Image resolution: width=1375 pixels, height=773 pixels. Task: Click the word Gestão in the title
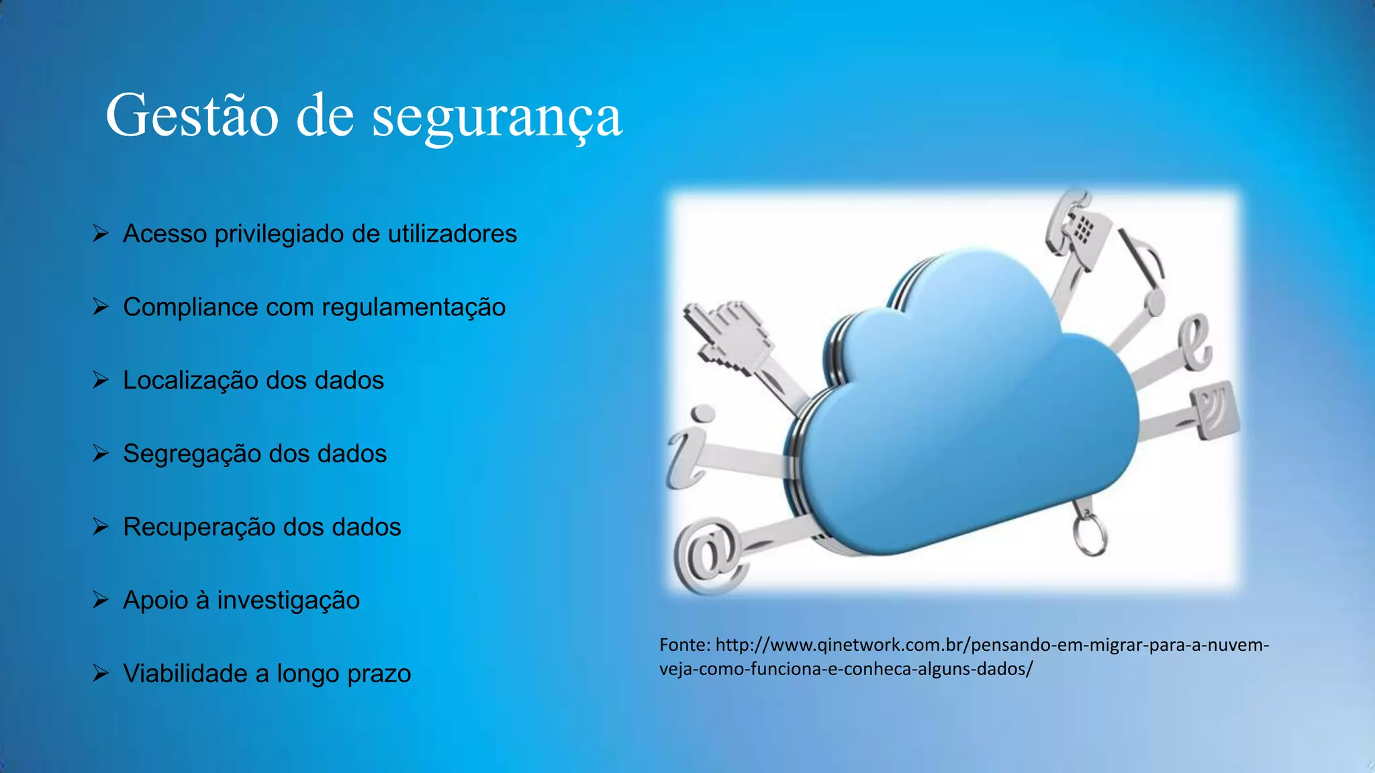[x=192, y=115]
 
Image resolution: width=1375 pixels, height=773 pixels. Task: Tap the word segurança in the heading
[x=497, y=117]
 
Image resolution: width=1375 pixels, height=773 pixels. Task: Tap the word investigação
[x=288, y=601]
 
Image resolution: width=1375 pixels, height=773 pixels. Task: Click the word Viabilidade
[x=185, y=673]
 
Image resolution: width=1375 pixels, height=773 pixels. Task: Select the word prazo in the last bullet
[x=379, y=674]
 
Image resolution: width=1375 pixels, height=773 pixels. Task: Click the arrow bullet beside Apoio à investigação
[x=101, y=599]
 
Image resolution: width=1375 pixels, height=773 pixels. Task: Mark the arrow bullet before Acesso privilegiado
[x=101, y=234]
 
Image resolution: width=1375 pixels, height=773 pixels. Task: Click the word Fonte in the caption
[x=683, y=645]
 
